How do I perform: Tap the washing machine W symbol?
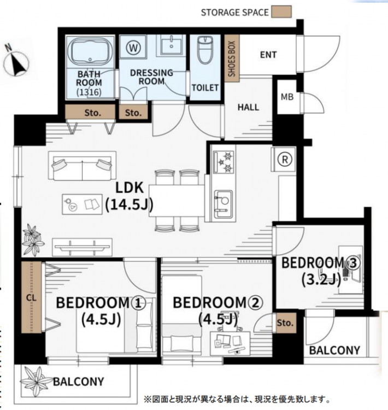click(x=133, y=48)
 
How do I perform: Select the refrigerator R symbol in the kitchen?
click(x=285, y=159)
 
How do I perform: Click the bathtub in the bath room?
click(x=90, y=52)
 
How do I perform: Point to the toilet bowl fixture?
click(x=205, y=50)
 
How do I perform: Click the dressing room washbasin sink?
click(x=171, y=45)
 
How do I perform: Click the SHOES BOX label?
click(x=232, y=58)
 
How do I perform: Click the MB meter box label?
click(x=287, y=97)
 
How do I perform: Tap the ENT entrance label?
click(x=268, y=55)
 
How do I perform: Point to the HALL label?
click(x=248, y=107)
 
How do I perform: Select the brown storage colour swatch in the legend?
click(x=281, y=12)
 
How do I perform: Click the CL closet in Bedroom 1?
click(x=31, y=297)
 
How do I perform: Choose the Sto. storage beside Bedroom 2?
click(x=286, y=323)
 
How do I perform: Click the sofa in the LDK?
click(x=83, y=166)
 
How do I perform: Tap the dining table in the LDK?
click(x=177, y=201)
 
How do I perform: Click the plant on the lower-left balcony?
click(x=37, y=380)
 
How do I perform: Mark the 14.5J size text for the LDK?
click(x=129, y=205)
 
